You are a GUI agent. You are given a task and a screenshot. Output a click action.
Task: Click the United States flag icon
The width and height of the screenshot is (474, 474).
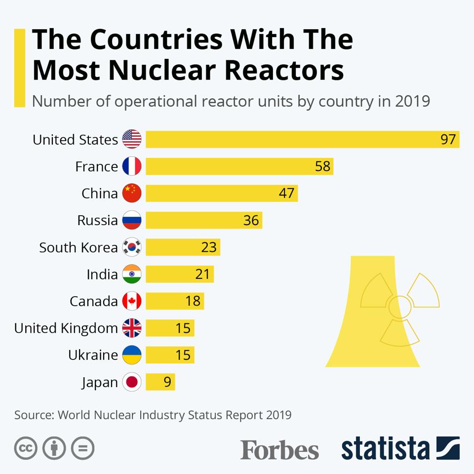pos(132,139)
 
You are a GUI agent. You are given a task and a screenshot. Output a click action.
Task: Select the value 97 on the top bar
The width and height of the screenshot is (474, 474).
pos(448,140)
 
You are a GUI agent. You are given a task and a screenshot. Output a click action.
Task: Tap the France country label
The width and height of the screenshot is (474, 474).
pos(96,166)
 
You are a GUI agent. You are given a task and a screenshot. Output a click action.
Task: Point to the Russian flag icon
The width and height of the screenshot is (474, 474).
pos(132,220)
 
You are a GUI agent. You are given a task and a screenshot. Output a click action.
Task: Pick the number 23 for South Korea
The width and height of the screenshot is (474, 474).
pos(209,247)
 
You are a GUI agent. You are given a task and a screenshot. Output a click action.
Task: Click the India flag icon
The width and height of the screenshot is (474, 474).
pos(132,274)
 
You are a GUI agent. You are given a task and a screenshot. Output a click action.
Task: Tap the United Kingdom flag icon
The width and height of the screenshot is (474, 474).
pos(132,328)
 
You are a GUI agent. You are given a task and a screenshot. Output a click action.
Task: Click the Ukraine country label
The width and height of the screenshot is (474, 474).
pos(93,355)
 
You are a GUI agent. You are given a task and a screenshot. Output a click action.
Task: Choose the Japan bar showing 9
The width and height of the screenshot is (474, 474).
pos(160,382)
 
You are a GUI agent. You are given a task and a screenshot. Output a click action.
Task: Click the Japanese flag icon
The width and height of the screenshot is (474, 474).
pos(132,382)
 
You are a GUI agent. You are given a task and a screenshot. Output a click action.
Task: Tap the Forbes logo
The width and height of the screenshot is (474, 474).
pos(279,450)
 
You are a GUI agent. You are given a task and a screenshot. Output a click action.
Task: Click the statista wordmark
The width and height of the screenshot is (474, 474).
pos(385,449)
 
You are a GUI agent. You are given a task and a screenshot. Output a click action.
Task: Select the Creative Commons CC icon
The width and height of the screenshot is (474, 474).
pos(26,448)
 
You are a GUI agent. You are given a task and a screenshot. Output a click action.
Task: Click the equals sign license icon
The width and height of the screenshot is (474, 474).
pos(82,448)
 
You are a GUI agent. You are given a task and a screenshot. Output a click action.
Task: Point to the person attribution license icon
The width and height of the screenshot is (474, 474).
pos(54,448)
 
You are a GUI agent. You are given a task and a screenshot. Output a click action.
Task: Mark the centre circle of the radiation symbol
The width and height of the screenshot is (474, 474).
pos(399,307)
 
